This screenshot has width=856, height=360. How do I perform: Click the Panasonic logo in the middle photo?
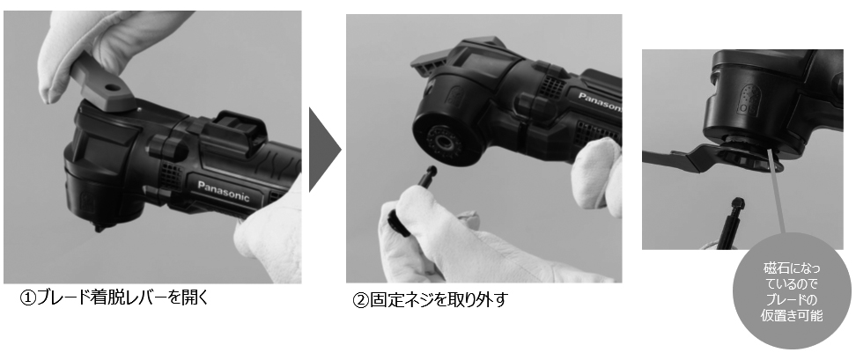pyautogui.click(x=599, y=98)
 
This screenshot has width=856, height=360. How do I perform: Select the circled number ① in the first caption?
pyautogui.click(x=28, y=298)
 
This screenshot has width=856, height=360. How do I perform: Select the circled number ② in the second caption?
pyautogui.click(x=360, y=300)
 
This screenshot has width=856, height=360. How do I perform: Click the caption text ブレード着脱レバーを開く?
pyautogui.click(x=123, y=298)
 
